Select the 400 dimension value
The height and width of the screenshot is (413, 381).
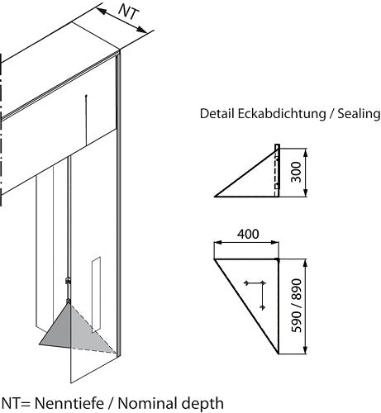pos(247,235)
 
